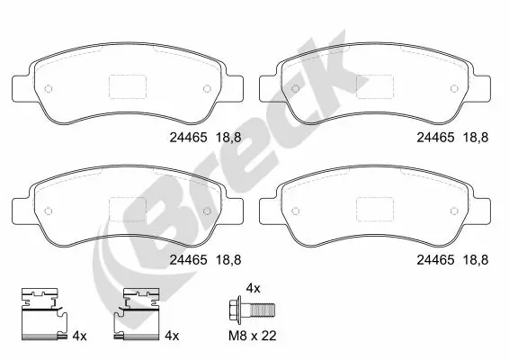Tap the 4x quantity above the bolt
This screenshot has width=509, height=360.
[253, 288]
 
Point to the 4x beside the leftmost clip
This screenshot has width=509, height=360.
[79, 336]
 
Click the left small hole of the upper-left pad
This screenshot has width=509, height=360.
[49, 88]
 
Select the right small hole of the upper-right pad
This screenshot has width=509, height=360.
[455, 88]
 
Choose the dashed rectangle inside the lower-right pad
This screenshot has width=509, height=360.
[376, 206]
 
